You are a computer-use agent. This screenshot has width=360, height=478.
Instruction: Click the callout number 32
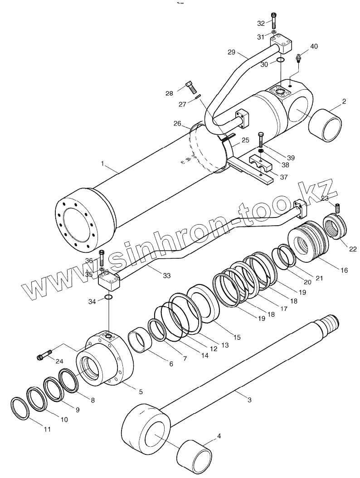pyautogui.click(x=260, y=23)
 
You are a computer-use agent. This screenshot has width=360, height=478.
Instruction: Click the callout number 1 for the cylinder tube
pyautogui.click(x=103, y=163)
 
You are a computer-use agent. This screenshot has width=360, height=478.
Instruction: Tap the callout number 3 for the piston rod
pyautogui.click(x=249, y=400)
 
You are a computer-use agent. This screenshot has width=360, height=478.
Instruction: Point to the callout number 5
pyautogui.click(x=141, y=391)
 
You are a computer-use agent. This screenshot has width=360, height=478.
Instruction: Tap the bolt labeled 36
pyautogui.click(x=101, y=258)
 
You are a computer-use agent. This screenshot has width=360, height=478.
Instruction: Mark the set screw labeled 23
pyautogui.click(x=337, y=208)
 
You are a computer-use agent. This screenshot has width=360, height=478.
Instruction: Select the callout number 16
pyautogui.click(x=344, y=270)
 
